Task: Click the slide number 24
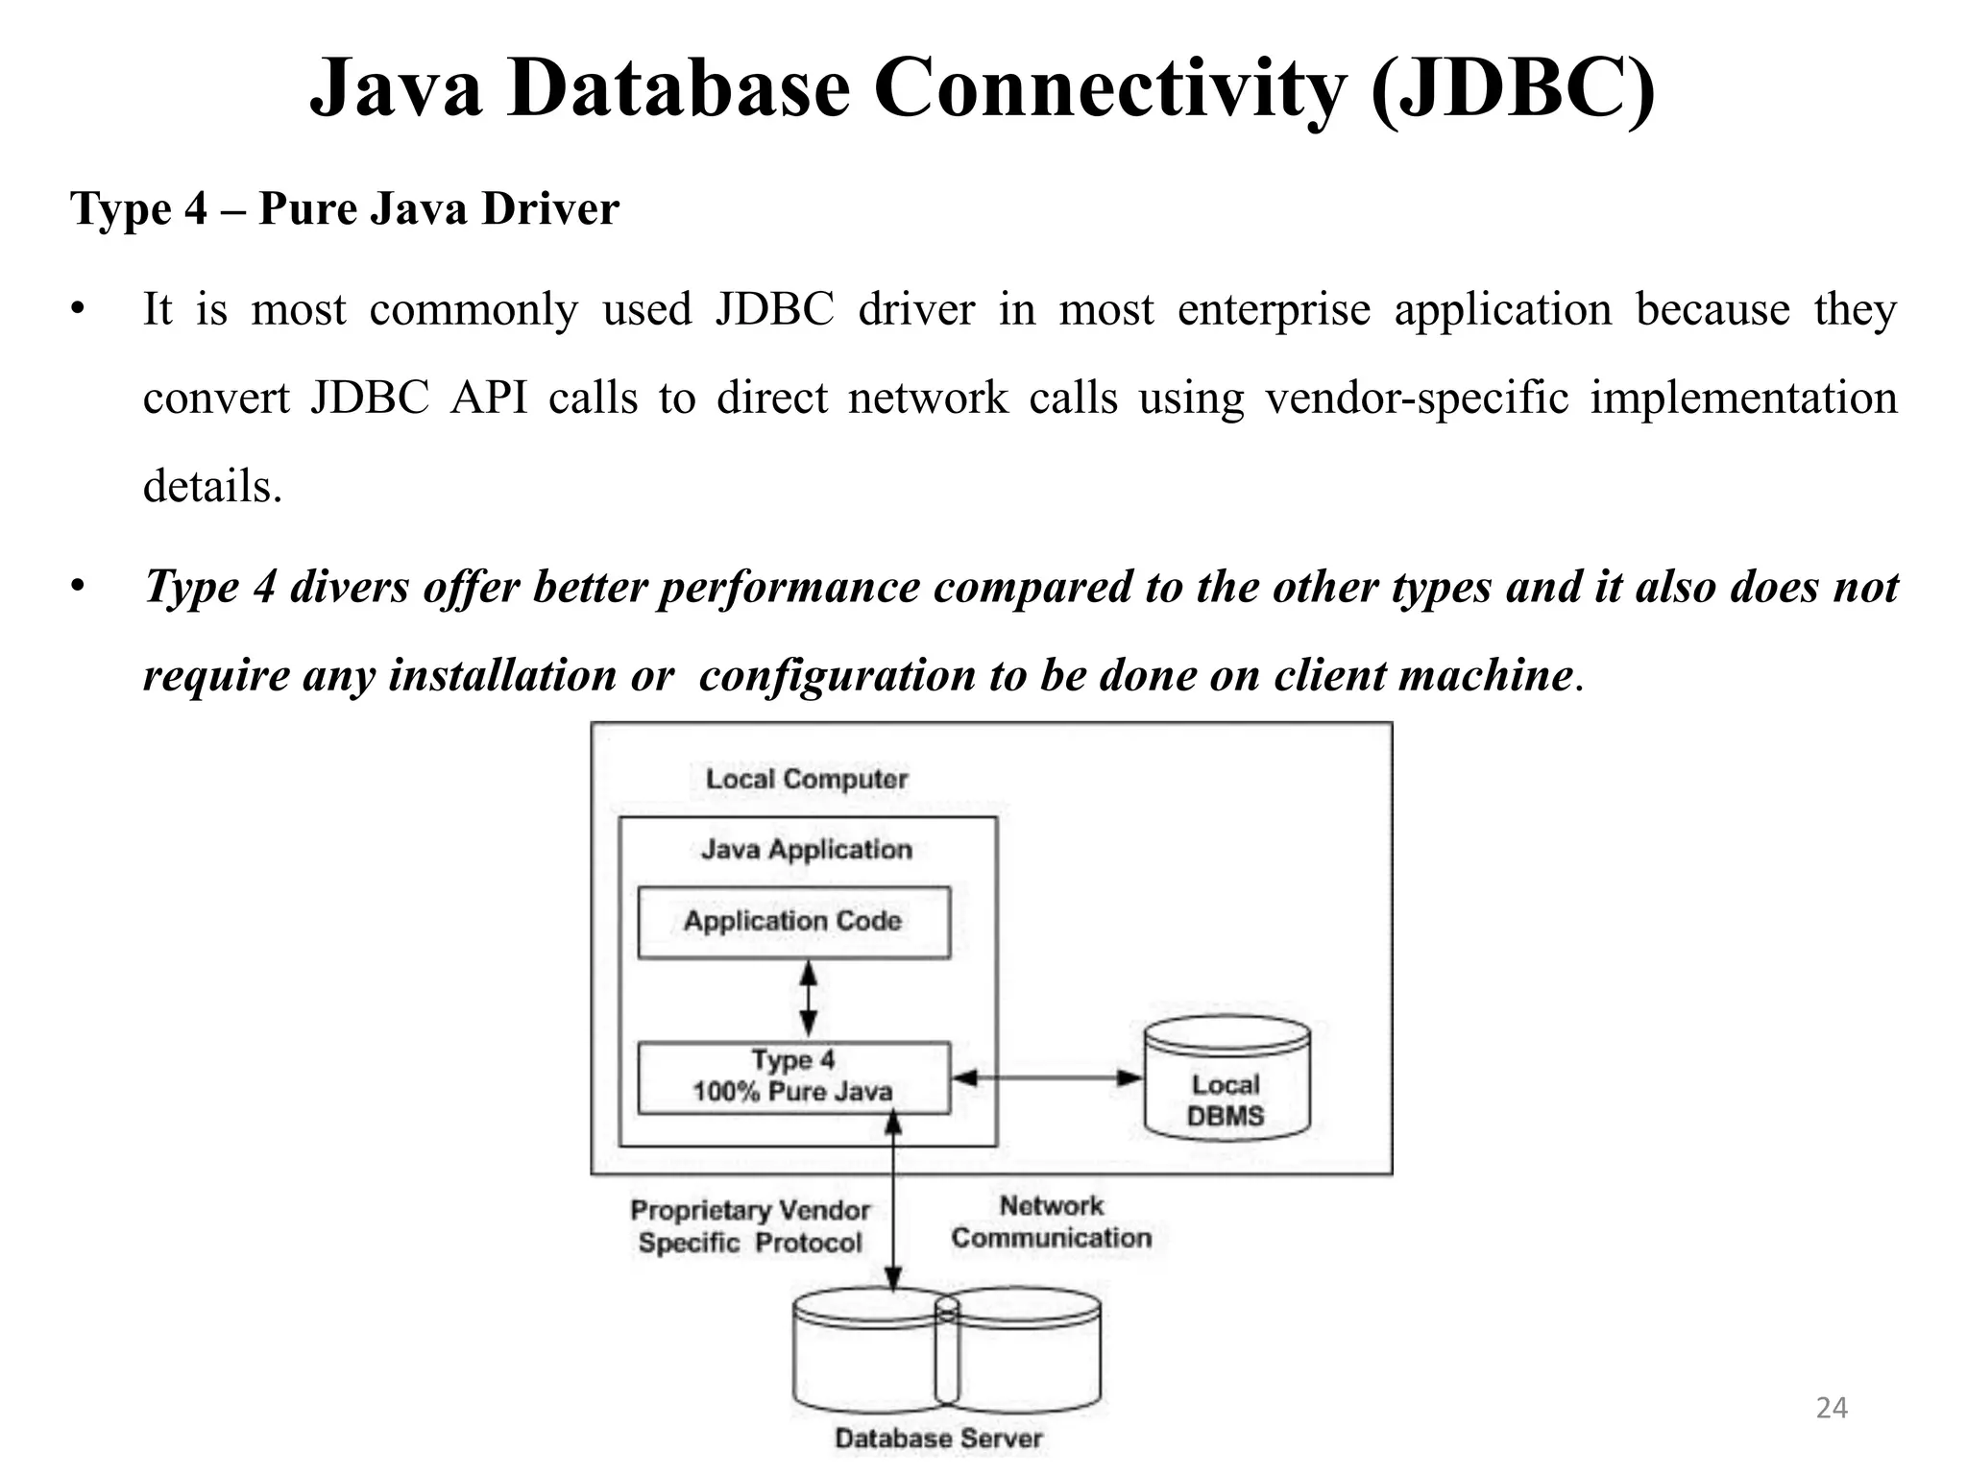point(1832,1408)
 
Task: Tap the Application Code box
point(793,922)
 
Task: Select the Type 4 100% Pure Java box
point(793,1077)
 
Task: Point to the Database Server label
point(938,1439)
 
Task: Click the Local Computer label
point(807,779)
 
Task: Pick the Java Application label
point(807,850)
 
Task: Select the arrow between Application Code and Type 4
point(809,1000)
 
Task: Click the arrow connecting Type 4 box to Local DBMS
point(1047,1077)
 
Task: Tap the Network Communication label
point(1051,1222)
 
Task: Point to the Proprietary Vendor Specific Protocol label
point(750,1227)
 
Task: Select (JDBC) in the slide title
point(1513,88)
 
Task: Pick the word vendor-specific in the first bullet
point(1417,399)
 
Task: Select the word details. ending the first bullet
point(212,486)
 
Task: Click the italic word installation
point(502,675)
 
